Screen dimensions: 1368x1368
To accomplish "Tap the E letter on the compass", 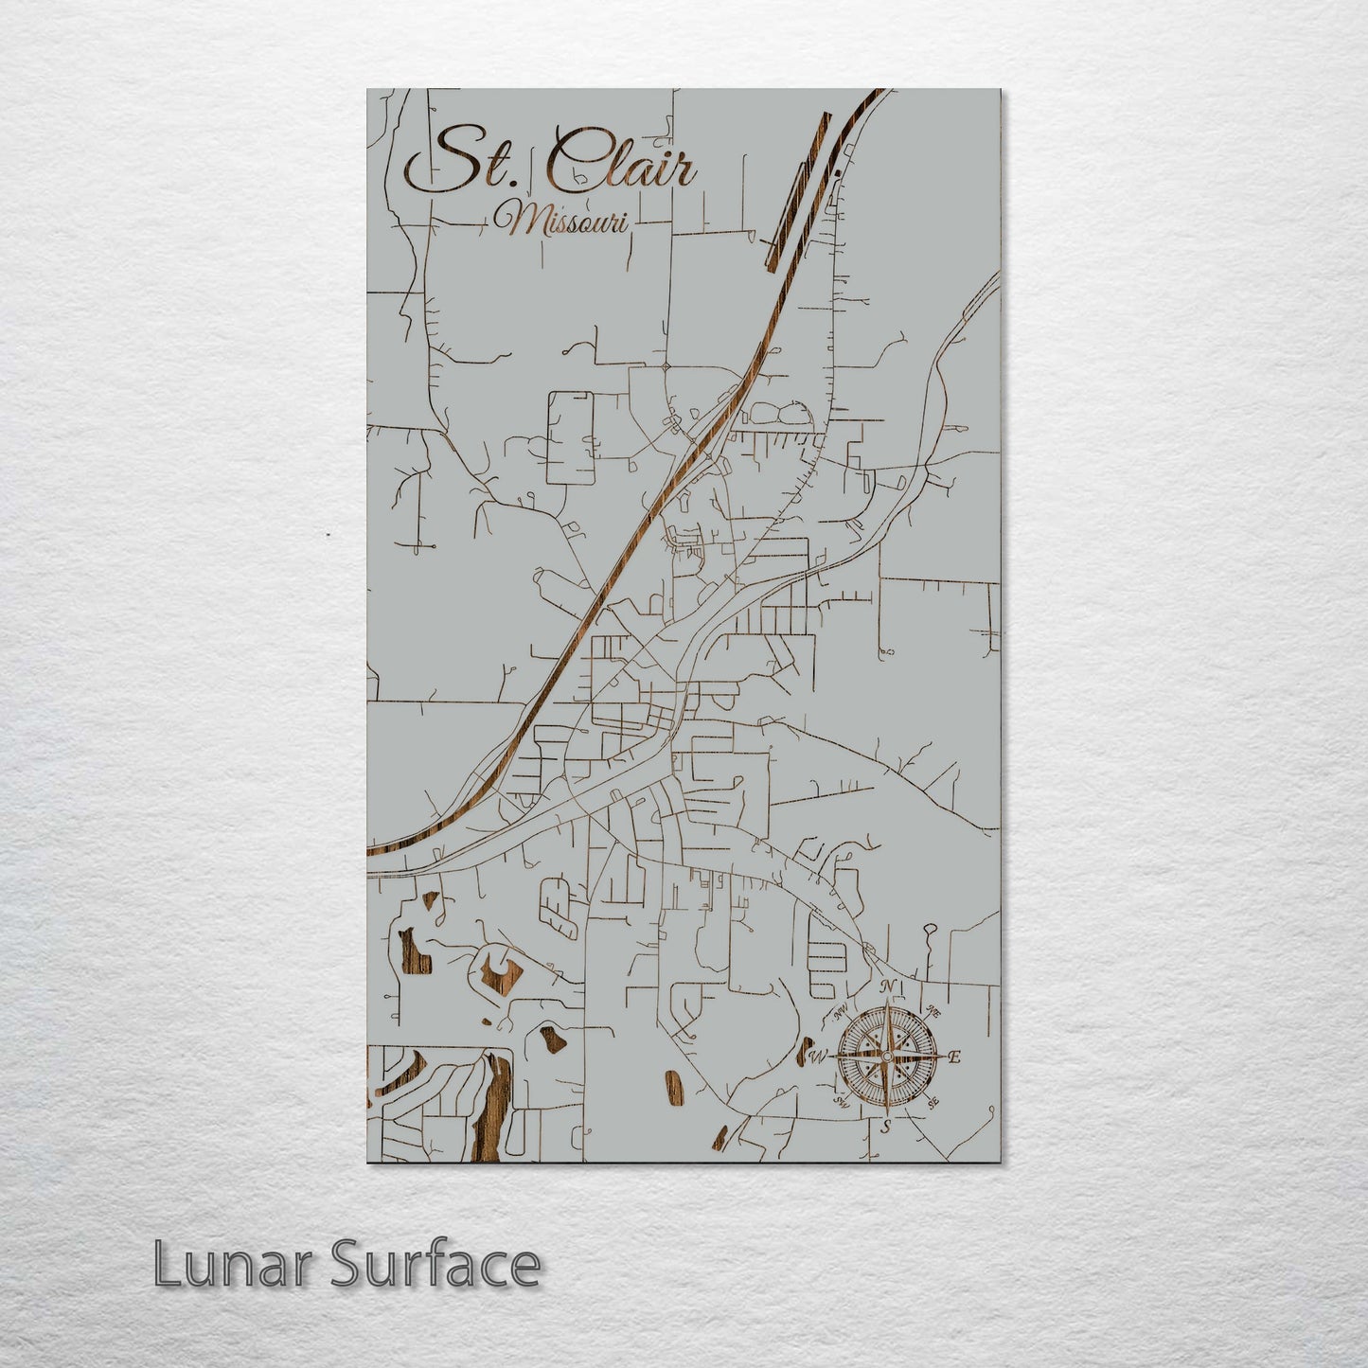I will tap(954, 1057).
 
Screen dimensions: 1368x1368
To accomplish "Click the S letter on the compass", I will tap(886, 1127).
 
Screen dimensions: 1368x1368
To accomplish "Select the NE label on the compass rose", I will tap(933, 1010).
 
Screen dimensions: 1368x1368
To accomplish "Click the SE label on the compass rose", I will tap(933, 1102).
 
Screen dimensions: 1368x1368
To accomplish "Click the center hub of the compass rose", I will tap(886, 1057).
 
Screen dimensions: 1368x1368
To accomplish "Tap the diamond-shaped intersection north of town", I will tap(666, 366).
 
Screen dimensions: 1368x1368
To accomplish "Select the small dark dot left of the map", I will tap(328, 535).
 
